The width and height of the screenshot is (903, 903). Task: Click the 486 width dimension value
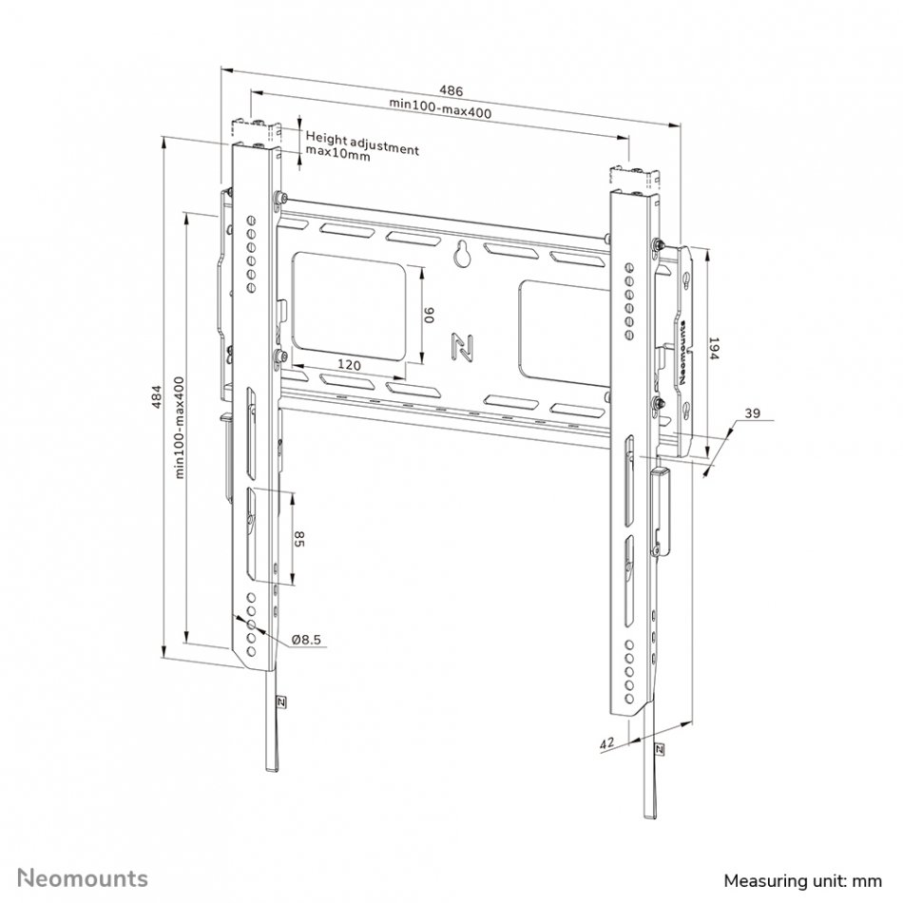(451, 91)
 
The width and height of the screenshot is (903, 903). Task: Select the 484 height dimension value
(156, 396)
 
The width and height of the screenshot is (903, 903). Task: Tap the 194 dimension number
(714, 349)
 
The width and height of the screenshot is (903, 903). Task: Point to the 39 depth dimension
(752, 413)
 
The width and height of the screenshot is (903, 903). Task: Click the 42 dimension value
(607, 743)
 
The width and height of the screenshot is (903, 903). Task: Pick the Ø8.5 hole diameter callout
(306, 640)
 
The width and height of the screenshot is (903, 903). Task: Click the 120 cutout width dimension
(349, 365)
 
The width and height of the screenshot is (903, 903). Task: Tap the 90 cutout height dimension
(430, 315)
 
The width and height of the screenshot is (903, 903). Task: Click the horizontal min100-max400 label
(440, 108)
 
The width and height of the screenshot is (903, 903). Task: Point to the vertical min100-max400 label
(179, 428)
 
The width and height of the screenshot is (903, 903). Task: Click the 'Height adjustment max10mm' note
(362, 145)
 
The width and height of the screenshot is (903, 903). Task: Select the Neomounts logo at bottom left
(83, 879)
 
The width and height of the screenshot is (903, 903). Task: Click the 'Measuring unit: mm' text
(803, 881)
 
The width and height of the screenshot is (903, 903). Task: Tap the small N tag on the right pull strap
(659, 749)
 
